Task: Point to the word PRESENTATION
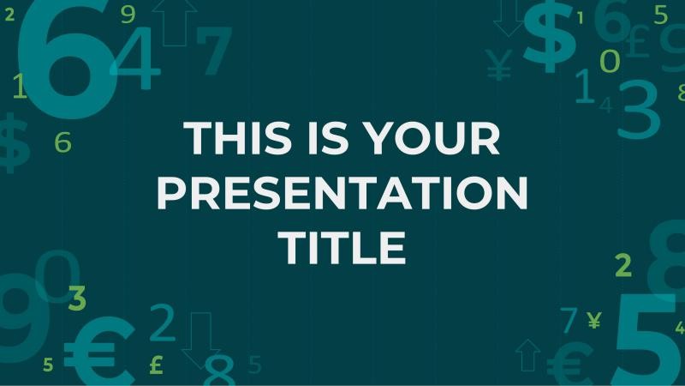coord(343,192)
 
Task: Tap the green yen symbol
coord(594,321)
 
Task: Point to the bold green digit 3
coord(77,299)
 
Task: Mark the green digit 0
coord(609,61)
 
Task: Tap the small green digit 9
coord(128,14)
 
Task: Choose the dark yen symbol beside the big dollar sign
coord(499,65)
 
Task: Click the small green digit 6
coord(63,142)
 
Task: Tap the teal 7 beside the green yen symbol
coord(569,320)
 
